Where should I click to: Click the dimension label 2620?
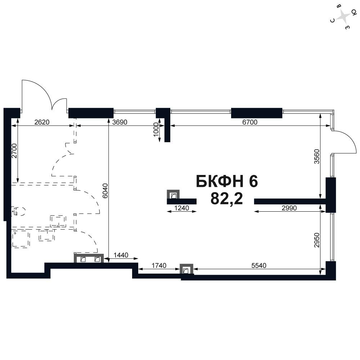42,122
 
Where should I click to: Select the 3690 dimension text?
120,122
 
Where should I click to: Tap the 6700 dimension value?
250,122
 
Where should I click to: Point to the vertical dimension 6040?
105,191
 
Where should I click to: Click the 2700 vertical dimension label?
14,150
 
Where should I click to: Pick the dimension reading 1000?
156,130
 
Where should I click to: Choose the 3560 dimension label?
316,156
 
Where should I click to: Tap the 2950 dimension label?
316,240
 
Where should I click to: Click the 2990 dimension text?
289,208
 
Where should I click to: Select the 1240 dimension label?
181,208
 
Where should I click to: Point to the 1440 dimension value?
121,255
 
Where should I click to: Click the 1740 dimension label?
159,265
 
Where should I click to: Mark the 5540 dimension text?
259,265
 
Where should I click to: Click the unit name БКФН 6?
227,181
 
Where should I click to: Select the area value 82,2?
226,198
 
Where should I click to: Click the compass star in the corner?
343,17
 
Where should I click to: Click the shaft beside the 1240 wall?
173,195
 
